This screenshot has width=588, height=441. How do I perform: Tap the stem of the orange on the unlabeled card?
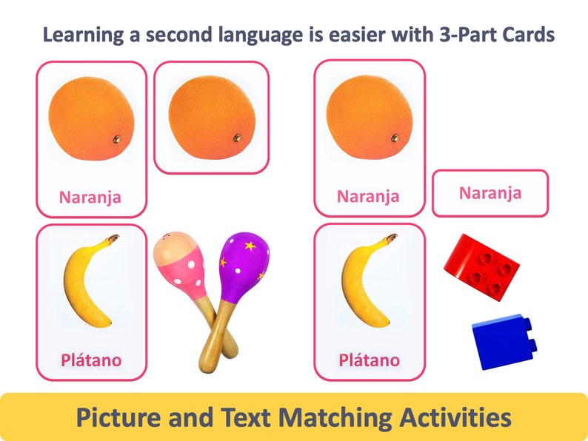click(237, 138)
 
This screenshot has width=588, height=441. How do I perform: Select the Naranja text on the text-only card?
click(490, 193)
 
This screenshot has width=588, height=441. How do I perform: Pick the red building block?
click(482, 266)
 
